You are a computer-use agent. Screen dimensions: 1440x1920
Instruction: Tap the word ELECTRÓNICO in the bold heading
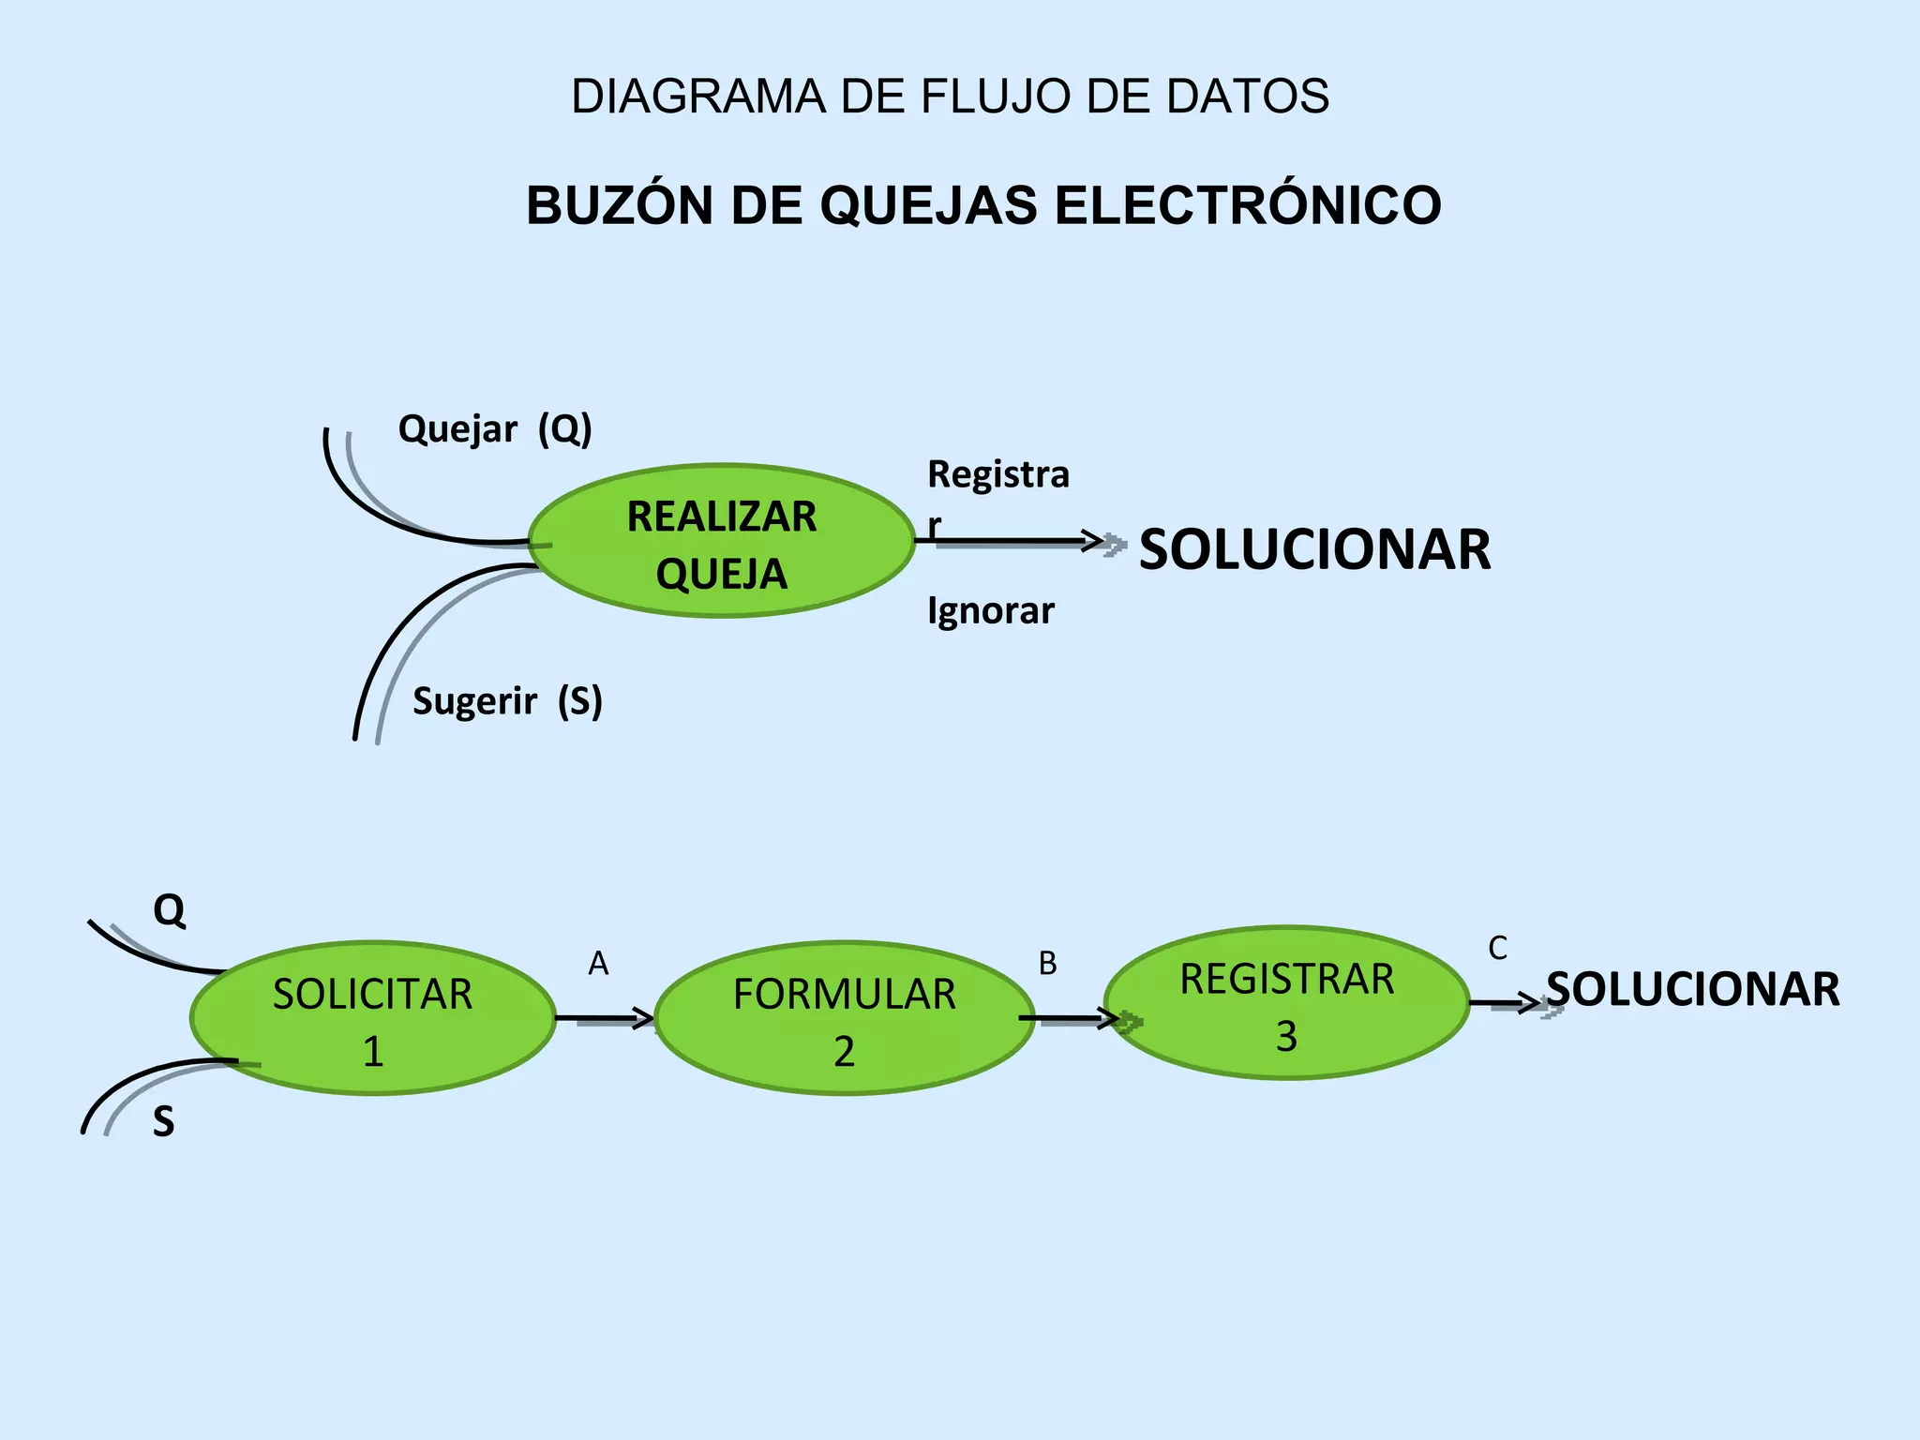1248,205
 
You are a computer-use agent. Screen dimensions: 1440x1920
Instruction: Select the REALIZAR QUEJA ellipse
721,542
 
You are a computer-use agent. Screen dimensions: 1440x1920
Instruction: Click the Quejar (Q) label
495,429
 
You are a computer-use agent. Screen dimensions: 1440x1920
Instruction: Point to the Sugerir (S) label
507,701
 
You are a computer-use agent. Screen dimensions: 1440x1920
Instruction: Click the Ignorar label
991,611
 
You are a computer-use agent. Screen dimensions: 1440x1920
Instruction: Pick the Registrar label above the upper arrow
997,475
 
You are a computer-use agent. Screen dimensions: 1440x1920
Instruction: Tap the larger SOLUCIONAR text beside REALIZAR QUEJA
1314,550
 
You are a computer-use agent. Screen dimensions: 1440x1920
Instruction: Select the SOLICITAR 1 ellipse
372,1019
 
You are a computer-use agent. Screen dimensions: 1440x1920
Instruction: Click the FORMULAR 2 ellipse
844,1019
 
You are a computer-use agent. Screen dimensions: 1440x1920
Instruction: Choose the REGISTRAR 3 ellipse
1286,1004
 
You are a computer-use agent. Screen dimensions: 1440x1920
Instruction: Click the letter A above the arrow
598,964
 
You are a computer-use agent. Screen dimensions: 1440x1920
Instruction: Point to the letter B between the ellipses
1047,964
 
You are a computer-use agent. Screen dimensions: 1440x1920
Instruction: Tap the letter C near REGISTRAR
1497,949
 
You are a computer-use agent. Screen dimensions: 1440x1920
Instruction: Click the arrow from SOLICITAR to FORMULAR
605,1018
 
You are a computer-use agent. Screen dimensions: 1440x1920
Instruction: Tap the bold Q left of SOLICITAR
170,909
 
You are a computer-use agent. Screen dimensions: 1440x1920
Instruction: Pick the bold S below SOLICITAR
164,1122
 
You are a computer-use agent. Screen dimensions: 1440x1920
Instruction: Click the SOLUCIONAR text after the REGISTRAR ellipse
1693,990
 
